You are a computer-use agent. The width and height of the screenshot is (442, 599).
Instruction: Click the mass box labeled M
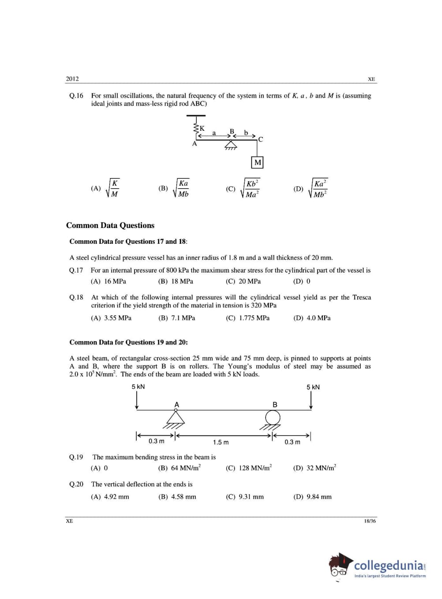pyautogui.click(x=258, y=163)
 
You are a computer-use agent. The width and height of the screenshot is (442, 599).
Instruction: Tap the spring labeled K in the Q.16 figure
pyautogui.click(x=195, y=128)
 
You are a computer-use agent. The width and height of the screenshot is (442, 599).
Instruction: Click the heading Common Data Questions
pyautogui.click(x=110, y=225)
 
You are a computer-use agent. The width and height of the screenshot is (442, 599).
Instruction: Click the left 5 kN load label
pyautogui.click(x=138, y=387)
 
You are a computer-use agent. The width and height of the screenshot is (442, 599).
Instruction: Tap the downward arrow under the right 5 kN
pyautogui.click(x=311, y=400)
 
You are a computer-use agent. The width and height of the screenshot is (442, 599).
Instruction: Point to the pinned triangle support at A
pyautogui.click(x=176, y=417)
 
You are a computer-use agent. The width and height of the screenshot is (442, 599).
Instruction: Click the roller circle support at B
pyautogui.click(x=273, y=417)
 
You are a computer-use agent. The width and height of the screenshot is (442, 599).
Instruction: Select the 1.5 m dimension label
pyautogui.click(x=221, y=442)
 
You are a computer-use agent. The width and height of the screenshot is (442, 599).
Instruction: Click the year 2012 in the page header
pyautogui.click(x=72, y=79)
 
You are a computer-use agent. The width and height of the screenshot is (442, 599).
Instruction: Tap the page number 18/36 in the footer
pyautogui.click(x=370, y=521)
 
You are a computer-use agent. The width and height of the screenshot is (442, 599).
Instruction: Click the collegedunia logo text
pyautogui.click(x=389, y=565)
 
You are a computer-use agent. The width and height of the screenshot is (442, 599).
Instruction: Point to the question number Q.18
pyautogui.click(x=76, y=297)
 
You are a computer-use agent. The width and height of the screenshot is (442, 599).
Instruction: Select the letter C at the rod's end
pyautogui.click(x=261, y=140)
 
